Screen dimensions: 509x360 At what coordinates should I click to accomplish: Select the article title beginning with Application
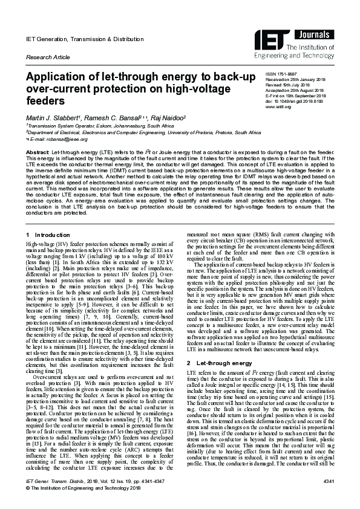coord(140,88)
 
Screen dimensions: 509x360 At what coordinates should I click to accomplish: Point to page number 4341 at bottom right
coord(328,496)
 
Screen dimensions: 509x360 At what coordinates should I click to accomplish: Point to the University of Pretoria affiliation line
coord(148,131)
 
